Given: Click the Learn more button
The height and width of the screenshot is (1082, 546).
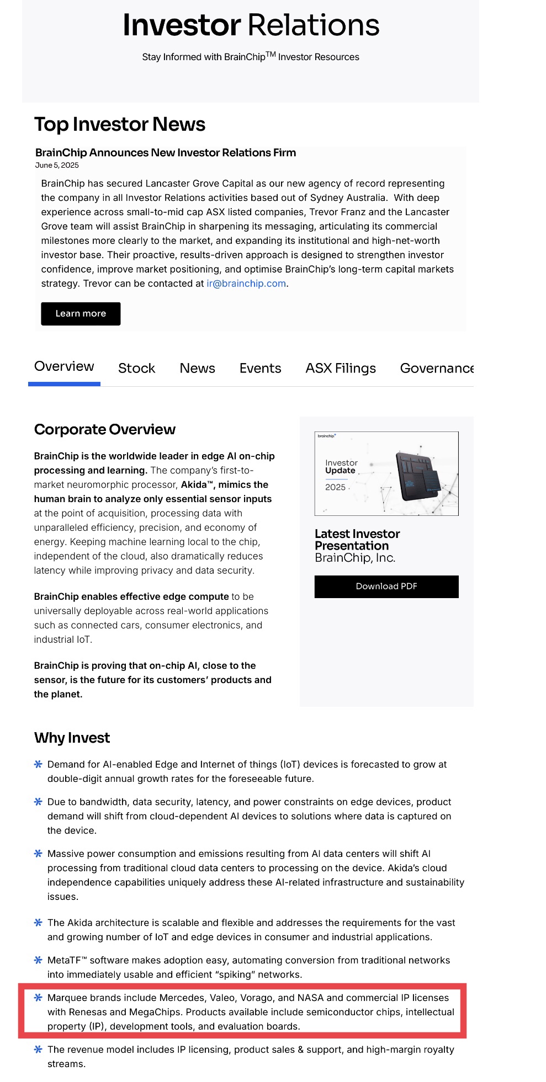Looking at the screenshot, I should (x=81, y=313).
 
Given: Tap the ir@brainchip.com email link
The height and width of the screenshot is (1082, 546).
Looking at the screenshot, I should (x=246, y=284).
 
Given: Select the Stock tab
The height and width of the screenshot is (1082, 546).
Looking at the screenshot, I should (x=136, y=368).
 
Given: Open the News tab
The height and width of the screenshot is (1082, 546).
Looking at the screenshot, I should (x=197, y=368).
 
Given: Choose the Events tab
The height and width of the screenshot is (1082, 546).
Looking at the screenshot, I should (x=260, y=368).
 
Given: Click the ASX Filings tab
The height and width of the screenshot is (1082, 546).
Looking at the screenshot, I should (x=341, y=368).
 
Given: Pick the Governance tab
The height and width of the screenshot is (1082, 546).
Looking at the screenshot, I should (x=436, y=368).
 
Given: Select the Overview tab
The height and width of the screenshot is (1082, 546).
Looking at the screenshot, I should (x=64, y=366).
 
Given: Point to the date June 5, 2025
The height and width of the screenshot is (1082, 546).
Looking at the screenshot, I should (x=57, y=165).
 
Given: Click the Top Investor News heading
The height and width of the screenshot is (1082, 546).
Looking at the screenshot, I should (x=120, y=125).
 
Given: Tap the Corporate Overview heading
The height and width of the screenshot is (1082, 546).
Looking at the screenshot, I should (x=105, y=429).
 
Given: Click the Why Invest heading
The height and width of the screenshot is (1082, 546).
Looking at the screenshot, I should (x=72, y=738).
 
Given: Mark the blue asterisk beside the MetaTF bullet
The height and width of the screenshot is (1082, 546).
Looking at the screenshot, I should (x=38, y=960).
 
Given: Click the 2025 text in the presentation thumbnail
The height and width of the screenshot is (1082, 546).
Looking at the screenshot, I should (x=335, y=487).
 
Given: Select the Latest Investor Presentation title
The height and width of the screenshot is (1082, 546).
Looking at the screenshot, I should (x=357, y=540).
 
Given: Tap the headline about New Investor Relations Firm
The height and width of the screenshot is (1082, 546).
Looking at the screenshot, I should (x=166, y=153).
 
